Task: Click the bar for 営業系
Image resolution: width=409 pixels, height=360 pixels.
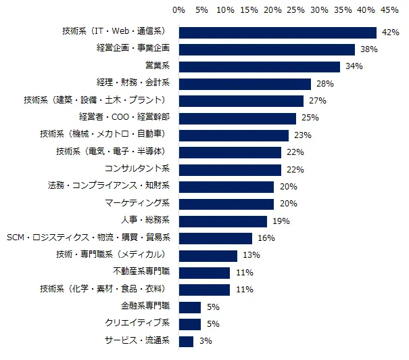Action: [260, 66]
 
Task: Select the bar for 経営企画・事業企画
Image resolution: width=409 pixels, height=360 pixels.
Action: [267, 49]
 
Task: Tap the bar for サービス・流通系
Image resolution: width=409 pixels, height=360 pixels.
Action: [187, 342]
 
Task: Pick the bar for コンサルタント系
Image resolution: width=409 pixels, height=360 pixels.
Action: [231, 170]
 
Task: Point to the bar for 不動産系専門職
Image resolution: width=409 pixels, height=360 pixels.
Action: [205, 273]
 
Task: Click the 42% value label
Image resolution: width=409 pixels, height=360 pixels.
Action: [389, 32]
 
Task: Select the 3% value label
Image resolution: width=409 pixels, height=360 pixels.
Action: [206, 342]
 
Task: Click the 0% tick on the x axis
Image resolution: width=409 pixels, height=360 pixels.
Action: [179, 10]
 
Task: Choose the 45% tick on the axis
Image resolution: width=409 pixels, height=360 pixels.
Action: [389, 10]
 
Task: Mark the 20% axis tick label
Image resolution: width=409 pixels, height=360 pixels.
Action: [272, 10]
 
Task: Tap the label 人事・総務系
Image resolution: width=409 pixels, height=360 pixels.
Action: [145, 221]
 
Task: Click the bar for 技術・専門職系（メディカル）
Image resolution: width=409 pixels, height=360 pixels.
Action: [208, 256]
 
